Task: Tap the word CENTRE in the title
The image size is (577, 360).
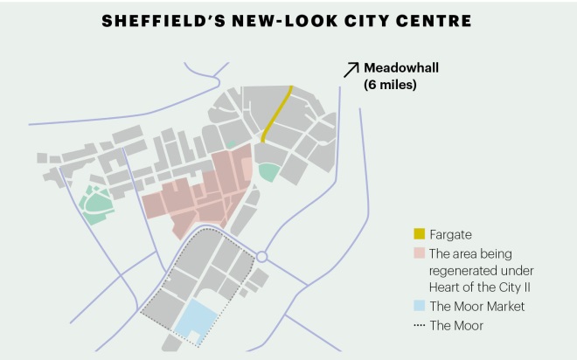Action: click(437, 18)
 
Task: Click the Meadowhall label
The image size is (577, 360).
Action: click(403, 68)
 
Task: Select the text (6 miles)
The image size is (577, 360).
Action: click(390, 85)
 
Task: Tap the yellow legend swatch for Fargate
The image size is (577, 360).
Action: click(419, 234)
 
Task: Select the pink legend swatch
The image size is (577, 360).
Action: click(419, 253)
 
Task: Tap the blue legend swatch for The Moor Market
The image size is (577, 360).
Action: click(419, 306)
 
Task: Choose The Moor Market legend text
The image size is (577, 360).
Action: click(476, 306)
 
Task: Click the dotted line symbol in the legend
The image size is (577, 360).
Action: click(419, 325)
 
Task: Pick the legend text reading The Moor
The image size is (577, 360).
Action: click(456, 325)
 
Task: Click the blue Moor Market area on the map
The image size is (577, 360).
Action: click(196, 319)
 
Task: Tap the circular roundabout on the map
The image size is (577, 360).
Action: click(261, 257)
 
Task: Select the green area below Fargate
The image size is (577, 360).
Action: click(268, 171)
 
